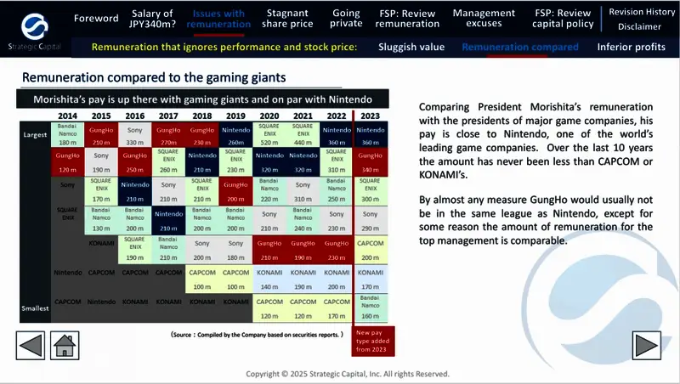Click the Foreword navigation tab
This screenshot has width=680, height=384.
coord(96,18)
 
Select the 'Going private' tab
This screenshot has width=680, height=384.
coord(347,18)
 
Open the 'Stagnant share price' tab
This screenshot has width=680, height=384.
coord(287,18)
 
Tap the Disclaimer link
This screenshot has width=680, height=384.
coord(639,26)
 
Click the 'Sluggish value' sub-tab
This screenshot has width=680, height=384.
coord(411,47)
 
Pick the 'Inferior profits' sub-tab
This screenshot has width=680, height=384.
coord(631,47)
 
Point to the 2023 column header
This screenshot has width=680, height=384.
coord(370,116)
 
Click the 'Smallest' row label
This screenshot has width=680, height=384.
coord(35,308)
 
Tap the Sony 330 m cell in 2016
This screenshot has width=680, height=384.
coord(135,136)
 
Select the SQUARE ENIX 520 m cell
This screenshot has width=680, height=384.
coord(269,135)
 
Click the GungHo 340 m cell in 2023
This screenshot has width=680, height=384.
coord(370,164)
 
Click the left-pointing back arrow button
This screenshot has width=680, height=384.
coord(31,345)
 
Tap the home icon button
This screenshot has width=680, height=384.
coord(65,345)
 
